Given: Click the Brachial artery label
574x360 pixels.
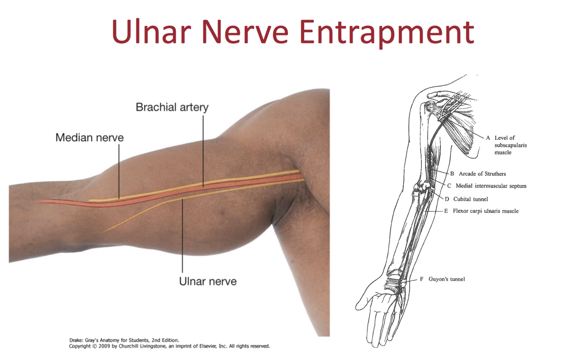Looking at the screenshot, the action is click(172, 107).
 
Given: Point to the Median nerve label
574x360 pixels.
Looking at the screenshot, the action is click(89, 138).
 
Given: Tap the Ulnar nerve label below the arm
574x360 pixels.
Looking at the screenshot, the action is click(208, 282).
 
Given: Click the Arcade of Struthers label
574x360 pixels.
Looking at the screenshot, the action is click(482, 174).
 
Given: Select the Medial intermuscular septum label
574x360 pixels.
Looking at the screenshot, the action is click(490, 186).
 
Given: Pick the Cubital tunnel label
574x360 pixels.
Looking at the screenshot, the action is click(470, 199).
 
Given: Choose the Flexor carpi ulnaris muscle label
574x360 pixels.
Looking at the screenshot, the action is click(485, 211).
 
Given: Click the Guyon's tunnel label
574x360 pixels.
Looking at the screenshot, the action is click(447, 279).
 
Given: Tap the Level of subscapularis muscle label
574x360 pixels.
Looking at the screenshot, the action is click(511, 145).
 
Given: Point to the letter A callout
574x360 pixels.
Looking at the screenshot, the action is click(488, 138).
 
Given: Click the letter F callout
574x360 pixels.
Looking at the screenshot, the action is click(422, 279).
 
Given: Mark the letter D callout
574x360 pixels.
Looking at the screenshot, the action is click(447, 199).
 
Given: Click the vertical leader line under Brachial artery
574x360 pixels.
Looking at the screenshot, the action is click(203, 151).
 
